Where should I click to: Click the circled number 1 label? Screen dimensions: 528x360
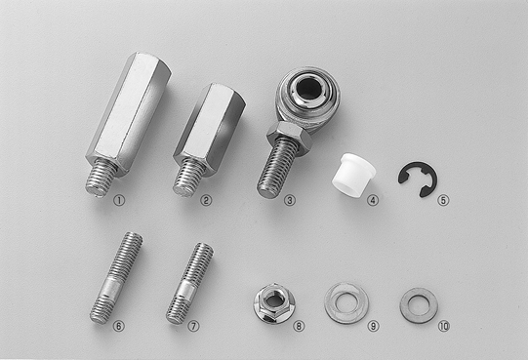coord(119,201)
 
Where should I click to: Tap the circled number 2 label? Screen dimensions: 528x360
coord(206,201)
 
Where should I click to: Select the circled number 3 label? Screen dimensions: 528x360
coord(289,201)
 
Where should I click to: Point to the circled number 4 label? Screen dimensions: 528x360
coord(373,201)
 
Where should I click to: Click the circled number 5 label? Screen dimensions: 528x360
coord(443,201)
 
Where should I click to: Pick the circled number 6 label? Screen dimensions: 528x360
coord(118,326)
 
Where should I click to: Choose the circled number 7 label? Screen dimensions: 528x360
coord(193,326)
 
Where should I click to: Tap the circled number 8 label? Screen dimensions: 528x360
coord(299,326)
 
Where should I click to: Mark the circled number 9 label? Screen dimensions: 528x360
coord(373,326)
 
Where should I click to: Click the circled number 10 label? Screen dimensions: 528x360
coord(444,326)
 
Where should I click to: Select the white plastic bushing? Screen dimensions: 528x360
coord(353,175)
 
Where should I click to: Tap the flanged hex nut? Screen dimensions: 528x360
coord(274,303)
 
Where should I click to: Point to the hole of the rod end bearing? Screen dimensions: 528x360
coord(309,89)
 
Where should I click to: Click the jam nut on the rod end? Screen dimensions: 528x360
coord(289,139)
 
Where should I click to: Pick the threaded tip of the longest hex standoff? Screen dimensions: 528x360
coord(101,179)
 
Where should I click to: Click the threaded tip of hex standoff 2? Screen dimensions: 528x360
coord(188,179)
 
